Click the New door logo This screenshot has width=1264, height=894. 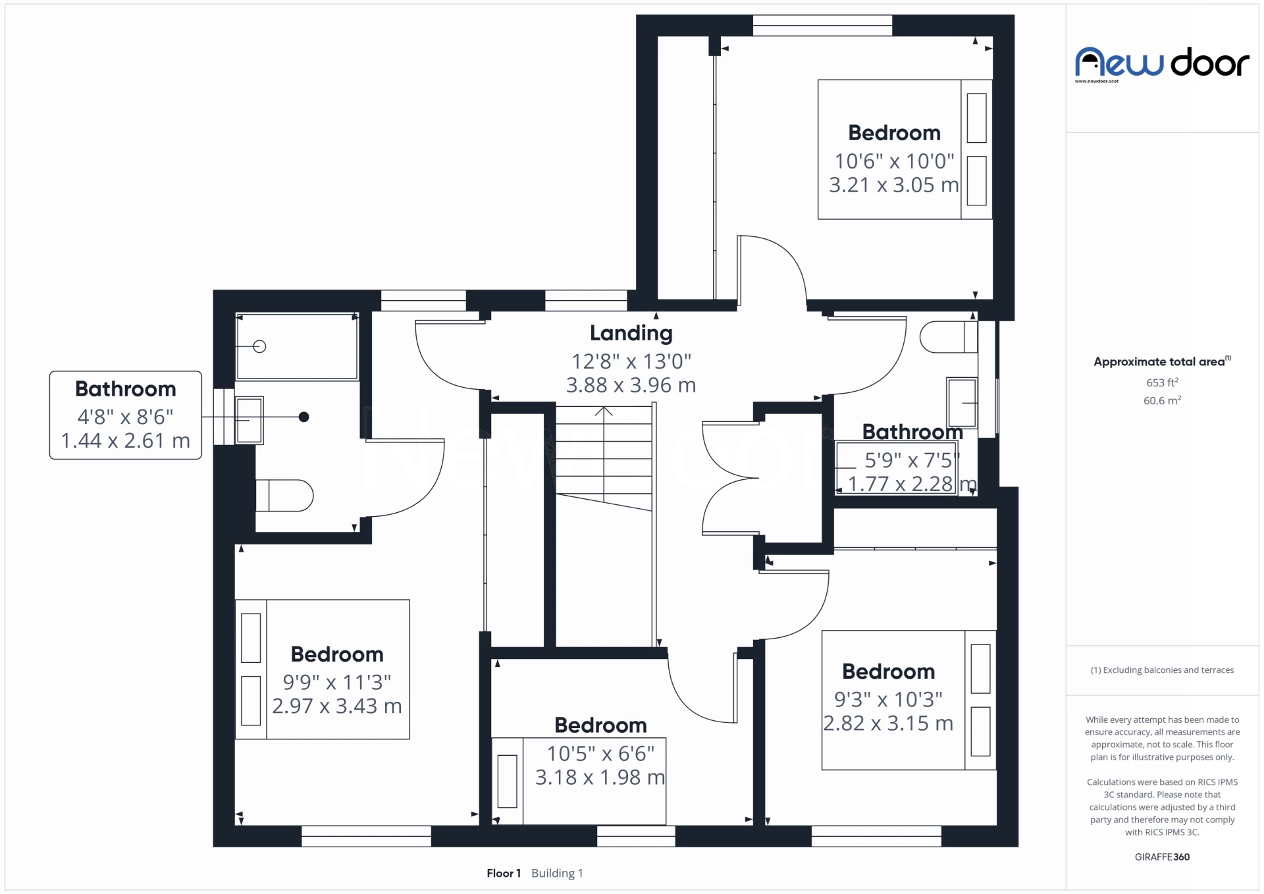coord(1161,63)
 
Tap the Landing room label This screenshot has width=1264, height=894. coord(631,333)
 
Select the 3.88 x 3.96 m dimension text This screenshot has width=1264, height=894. coord(631,385)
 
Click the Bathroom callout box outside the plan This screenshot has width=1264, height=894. coord(125,415)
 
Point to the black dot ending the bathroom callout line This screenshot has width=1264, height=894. coord(303,417)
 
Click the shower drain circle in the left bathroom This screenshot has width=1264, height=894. coord(259,346)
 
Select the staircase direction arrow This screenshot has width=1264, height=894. coord(604,411)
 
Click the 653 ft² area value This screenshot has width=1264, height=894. coord(1162,382)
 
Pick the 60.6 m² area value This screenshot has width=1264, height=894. coord(1162,400)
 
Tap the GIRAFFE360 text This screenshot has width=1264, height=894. coord(1162,856)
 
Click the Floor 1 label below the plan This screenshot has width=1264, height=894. coord(504,873)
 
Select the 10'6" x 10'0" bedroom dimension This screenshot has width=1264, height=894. coord(894,161)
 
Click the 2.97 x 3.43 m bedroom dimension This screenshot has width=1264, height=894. coord(336,706)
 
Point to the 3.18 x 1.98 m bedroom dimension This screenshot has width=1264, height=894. coord(600,777)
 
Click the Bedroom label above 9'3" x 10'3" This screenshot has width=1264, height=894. coord(888,671)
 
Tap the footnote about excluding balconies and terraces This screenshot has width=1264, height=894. coord(1162,670)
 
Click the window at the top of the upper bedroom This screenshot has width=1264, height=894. coord(822,26)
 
